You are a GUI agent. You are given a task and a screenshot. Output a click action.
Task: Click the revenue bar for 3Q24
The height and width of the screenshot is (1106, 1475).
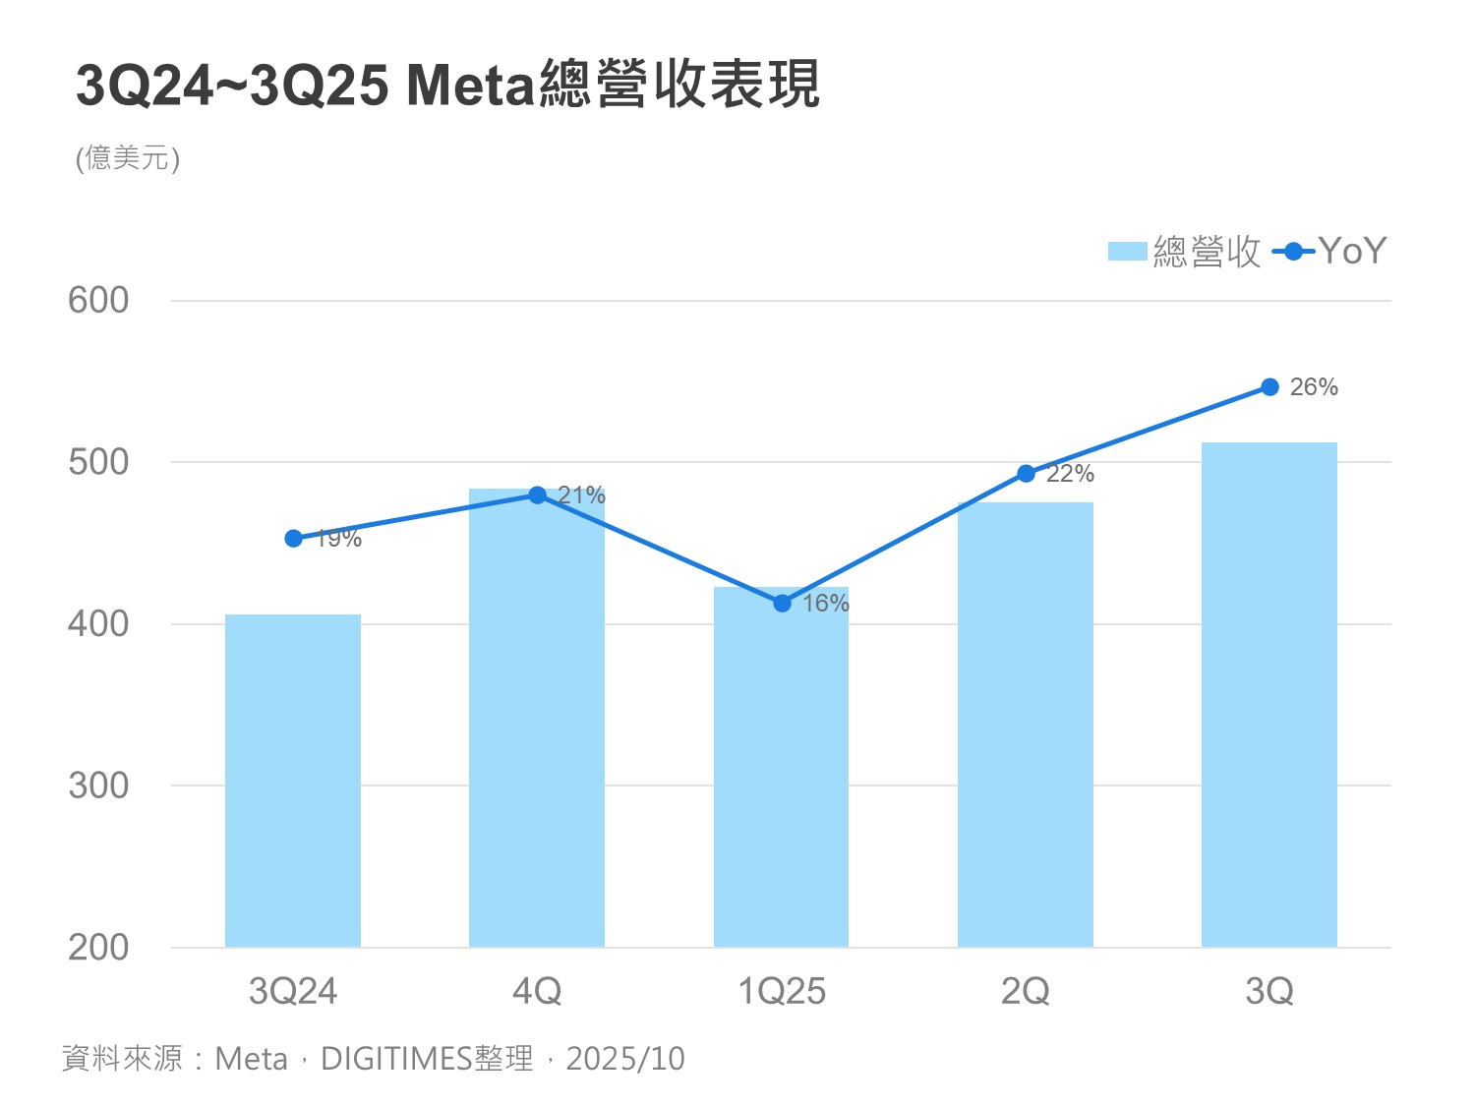pos(293,781)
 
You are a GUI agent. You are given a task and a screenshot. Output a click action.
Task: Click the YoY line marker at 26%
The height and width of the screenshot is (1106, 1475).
pos(1269,387)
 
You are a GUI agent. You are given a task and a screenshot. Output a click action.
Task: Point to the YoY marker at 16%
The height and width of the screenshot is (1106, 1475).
pos(782,603)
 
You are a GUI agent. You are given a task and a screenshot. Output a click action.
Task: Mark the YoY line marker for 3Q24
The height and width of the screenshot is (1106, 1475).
pos(293,538)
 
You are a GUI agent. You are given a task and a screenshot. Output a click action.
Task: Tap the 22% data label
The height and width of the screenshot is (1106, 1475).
pos(1070,474)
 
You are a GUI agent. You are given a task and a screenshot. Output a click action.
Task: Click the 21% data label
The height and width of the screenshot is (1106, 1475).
pos(581,495)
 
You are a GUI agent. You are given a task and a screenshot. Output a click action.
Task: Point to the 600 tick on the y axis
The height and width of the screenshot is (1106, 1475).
pos(98,301)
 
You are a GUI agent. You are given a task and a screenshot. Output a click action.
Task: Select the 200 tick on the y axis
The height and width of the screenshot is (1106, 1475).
pos(98,948)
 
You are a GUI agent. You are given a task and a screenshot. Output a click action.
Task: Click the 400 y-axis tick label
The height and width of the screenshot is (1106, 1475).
pos(98,624)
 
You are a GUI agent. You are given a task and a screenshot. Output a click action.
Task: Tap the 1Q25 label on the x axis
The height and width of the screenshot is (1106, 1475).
pos(782,991)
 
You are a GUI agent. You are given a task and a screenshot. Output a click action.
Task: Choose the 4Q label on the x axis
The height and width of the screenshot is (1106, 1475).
pos(537,991)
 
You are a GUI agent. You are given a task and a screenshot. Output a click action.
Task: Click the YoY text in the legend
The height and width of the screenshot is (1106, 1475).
pos(1352,252)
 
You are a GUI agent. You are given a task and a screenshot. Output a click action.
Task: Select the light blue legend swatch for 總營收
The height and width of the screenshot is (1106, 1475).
pos(1127,252)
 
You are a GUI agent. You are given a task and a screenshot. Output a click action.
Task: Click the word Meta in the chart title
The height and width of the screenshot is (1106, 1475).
pos(470,86)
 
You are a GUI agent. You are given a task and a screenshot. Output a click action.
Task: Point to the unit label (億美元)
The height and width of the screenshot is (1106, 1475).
pos(128,158)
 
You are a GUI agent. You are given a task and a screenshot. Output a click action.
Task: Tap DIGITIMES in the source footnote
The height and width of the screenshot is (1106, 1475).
pos(397,1059)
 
